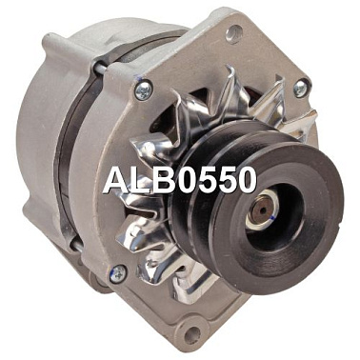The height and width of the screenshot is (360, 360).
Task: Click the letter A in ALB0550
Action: click(119, 180)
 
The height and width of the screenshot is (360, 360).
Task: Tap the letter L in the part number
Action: click(146, 180)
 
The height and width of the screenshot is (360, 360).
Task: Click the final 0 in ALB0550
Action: click(244, 180)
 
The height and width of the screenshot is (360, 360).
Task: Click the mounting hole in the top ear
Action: click(234, 34)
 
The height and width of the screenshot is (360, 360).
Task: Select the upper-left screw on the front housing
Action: click(144, 90)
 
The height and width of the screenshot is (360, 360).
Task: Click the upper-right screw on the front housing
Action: click(300, 88)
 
